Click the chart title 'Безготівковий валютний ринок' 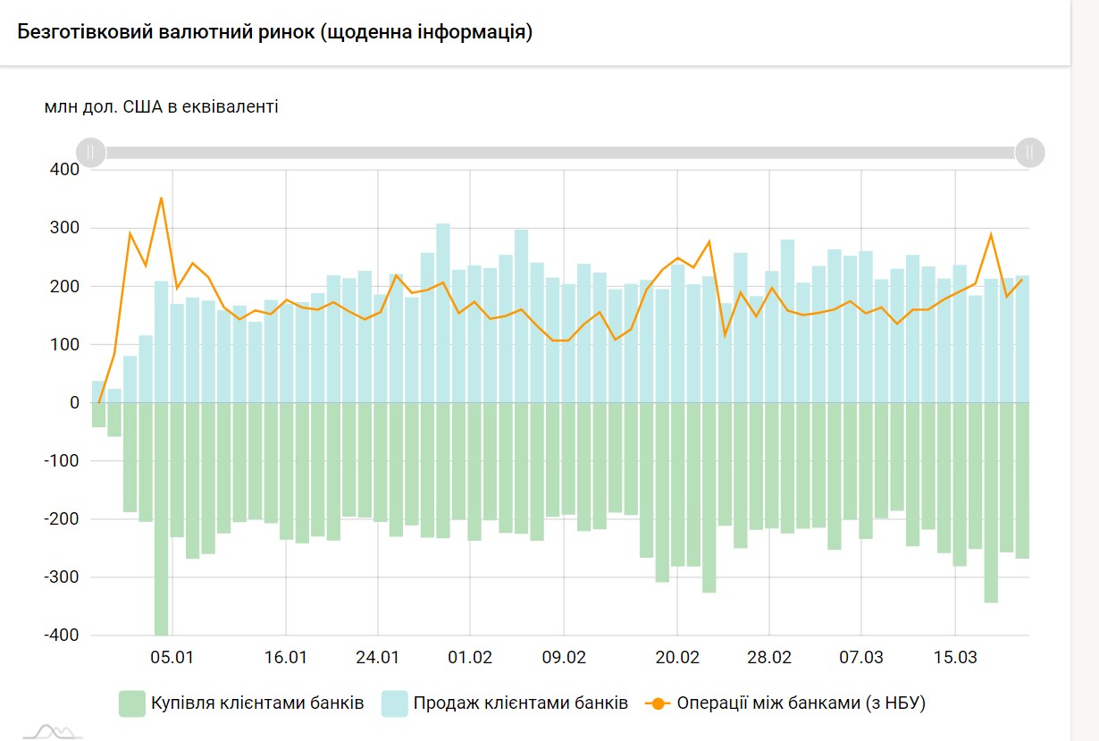coord(275,33)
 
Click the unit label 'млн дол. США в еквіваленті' coord(162,107)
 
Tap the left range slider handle coord(90,152)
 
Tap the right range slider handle coord(1029,152)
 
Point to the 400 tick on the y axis coord(61,169)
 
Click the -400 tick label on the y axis coord(58,636)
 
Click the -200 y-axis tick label coord(58,519)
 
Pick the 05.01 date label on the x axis coord(172,658)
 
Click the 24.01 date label coord(377,658)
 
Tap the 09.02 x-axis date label coord(564,658)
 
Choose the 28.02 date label coord(769,658)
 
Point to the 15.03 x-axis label coord(955,658)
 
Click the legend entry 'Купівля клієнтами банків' coord(256,703)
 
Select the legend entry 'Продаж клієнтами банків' coord(520,703)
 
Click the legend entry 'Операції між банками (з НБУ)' coord(801,703)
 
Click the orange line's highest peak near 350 coord(161,198)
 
